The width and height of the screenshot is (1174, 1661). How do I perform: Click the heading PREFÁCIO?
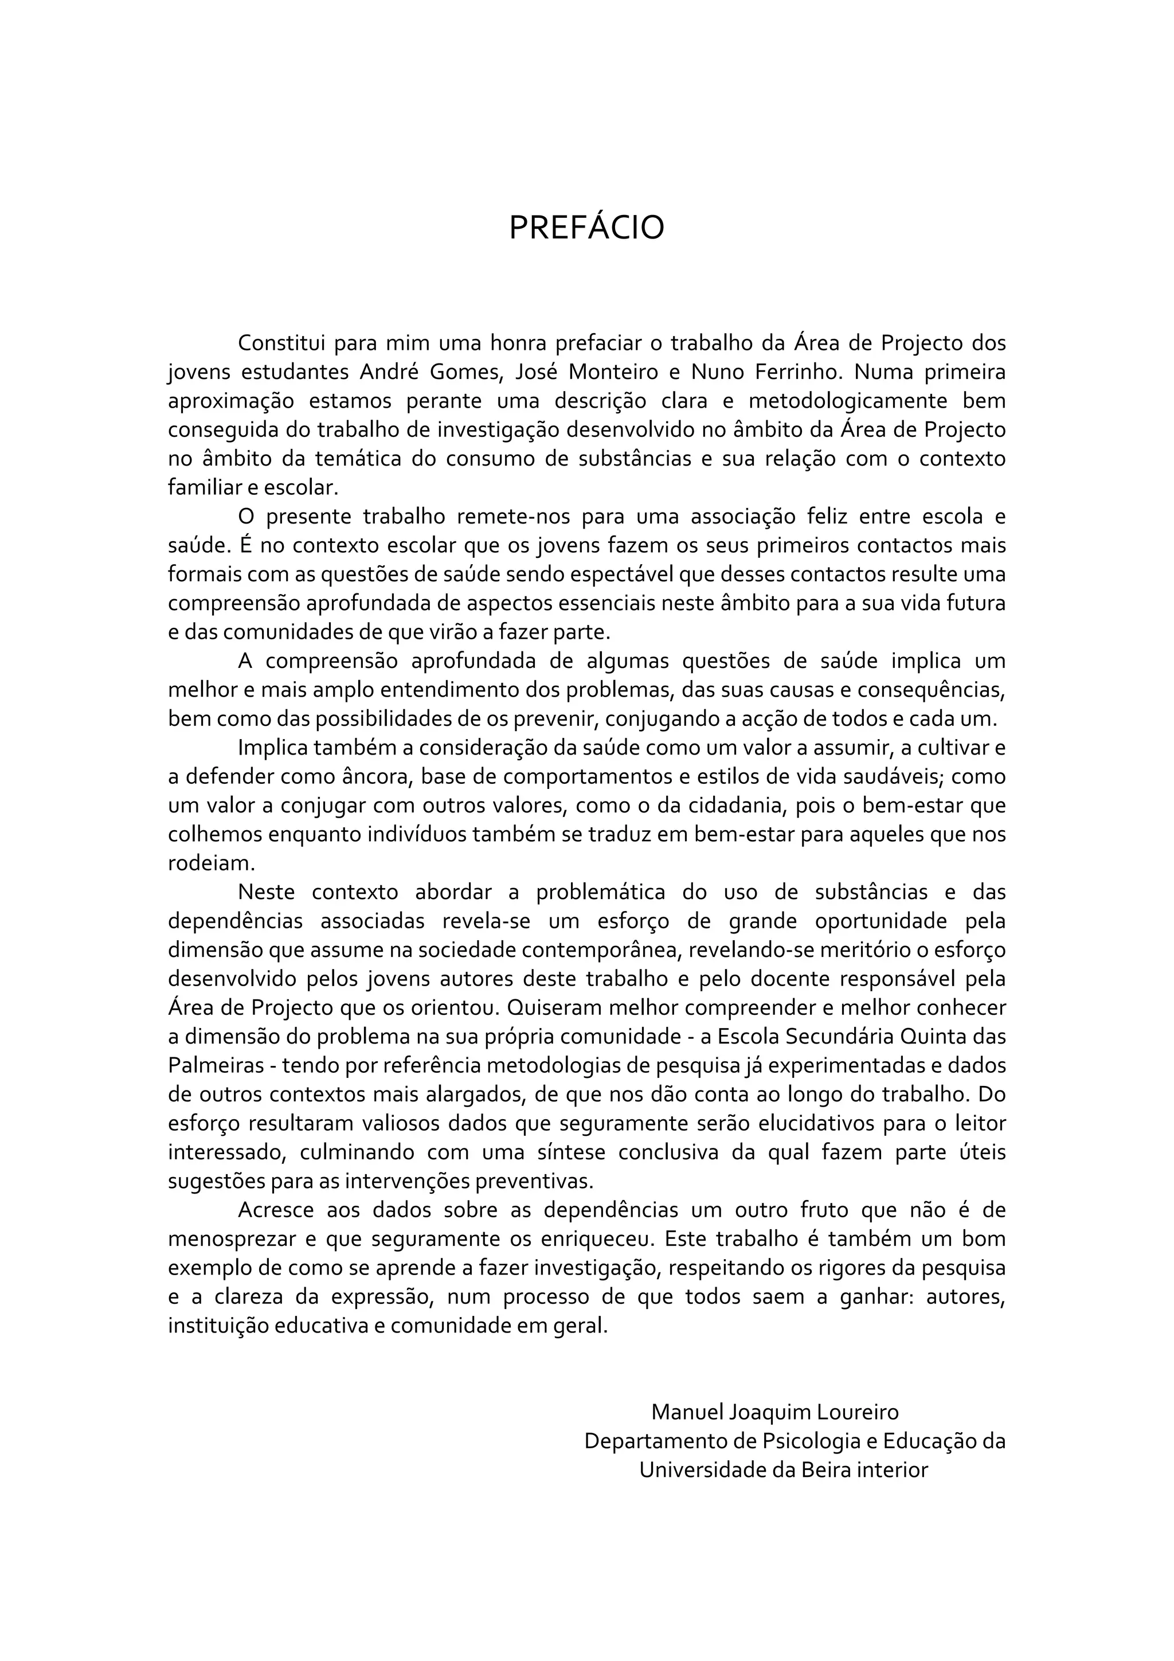(586, 228)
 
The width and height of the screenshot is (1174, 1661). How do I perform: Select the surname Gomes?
(464, 372)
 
